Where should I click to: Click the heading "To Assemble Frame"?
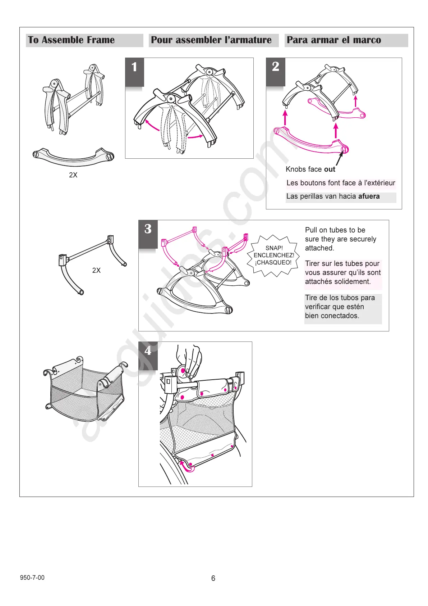71,40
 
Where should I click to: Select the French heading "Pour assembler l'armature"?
211,40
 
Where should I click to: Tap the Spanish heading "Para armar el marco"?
333,40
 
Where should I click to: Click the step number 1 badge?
134,67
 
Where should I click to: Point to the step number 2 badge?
276,67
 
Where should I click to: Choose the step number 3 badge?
148,229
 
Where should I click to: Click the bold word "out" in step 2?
330,169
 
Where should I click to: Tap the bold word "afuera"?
369,196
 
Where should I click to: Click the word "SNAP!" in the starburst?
274,248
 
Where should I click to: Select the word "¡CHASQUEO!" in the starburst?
273,263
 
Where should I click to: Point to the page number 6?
213,578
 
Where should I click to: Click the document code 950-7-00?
32,578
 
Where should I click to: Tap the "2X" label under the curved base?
73,175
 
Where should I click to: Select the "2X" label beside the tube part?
96,270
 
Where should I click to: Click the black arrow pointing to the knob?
339,158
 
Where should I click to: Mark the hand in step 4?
189,360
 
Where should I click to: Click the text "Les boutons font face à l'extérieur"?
341,183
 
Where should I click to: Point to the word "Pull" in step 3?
311,230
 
